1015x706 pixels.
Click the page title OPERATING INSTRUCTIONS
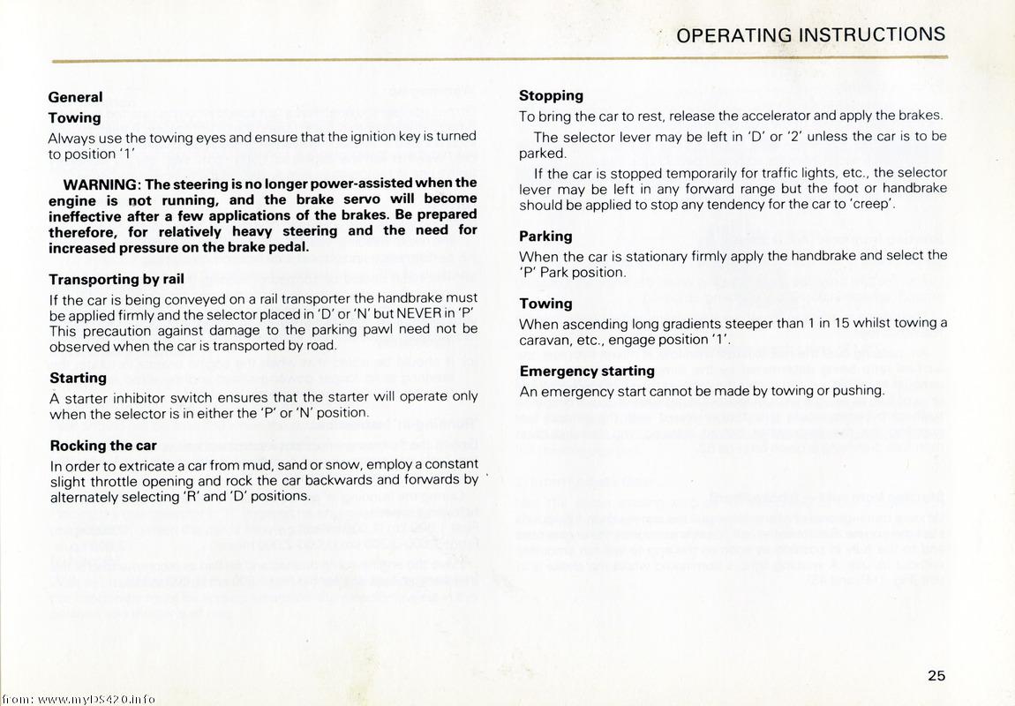810,34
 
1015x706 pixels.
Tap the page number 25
936,675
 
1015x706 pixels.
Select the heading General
75,97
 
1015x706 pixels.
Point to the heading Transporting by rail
117,279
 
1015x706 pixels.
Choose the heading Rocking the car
103,445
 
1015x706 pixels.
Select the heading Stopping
551,95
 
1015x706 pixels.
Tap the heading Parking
545,236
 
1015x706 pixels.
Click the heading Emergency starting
587,371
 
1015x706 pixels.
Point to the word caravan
545,340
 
